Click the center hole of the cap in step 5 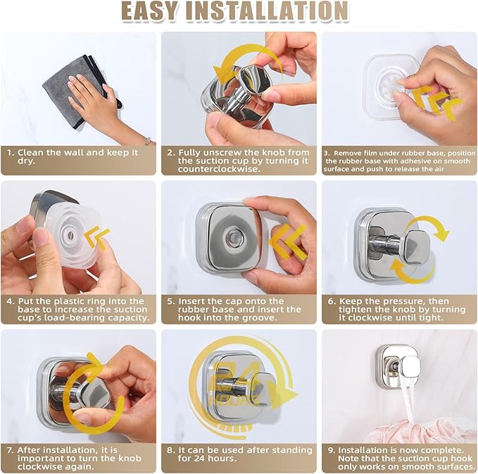pos(228,237)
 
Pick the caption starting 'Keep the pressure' pos(398,309)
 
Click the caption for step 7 pos(78,457)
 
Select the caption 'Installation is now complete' pos(398,457)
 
